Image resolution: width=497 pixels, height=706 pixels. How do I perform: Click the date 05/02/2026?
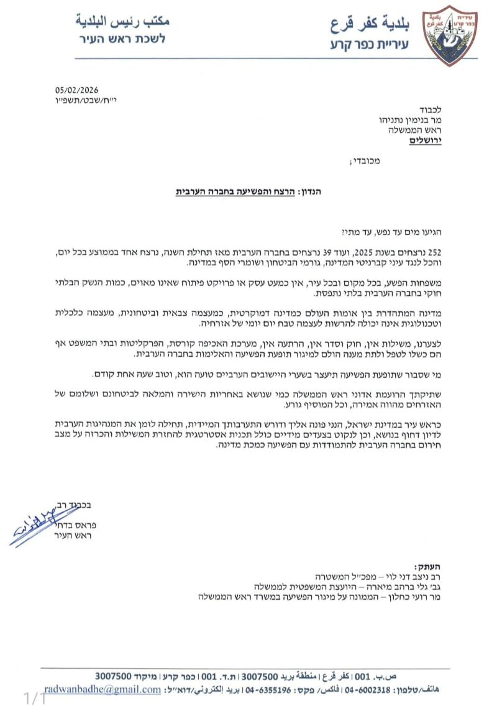(78, 88)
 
